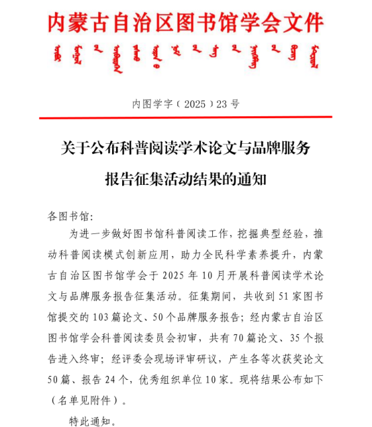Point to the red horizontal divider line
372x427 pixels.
pyautogui.click(x=185, y=118)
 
